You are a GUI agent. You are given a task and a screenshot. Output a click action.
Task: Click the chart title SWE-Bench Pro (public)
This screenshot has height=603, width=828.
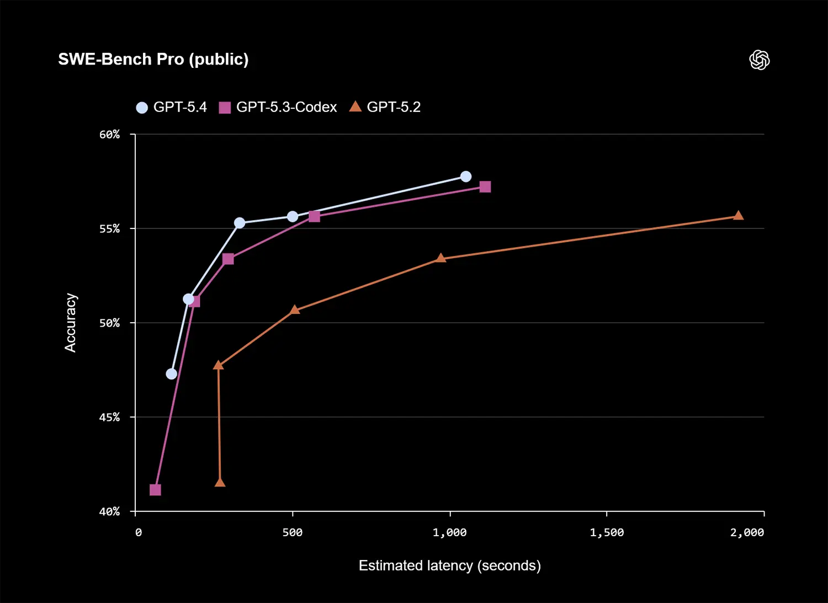click(x=153, y=59)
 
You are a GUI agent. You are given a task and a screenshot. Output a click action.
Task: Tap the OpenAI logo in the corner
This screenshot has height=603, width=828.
click(x=760, y=60)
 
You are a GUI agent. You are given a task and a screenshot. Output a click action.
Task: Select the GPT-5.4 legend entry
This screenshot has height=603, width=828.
click(x=172, y=107)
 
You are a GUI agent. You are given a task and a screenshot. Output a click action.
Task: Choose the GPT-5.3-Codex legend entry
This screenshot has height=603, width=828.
click(x=278, y=107)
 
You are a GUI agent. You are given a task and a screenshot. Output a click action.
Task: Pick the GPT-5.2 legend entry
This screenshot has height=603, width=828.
click(x=385, y=107)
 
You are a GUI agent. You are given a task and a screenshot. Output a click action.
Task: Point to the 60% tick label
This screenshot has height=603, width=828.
click(x=109, y=135)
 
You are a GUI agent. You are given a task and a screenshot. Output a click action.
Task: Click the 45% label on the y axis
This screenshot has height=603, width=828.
click(x=109, y=417)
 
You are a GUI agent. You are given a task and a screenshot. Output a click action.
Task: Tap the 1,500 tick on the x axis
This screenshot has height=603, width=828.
click(x=607, y=532)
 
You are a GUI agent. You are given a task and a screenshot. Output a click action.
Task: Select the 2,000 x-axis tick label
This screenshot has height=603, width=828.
click(x=747, y=532)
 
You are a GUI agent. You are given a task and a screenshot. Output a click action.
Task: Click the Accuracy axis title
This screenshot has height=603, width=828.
click(x=70, y=323)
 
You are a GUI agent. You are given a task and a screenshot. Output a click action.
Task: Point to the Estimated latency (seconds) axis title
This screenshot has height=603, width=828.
click(x=449, y=565)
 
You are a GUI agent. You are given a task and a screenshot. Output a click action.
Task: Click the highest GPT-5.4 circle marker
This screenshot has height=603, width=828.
click(x=465, y=177)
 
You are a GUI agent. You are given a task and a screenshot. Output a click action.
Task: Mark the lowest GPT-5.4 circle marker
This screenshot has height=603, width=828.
click(x=171, y=374)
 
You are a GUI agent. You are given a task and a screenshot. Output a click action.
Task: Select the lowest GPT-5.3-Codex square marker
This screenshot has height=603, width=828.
click(x=155, y=490)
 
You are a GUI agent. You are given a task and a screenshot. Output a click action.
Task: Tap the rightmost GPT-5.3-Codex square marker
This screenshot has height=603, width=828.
click(x=485, y=187)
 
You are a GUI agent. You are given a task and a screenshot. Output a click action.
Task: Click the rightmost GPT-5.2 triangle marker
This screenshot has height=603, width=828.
click(x=738, y=215)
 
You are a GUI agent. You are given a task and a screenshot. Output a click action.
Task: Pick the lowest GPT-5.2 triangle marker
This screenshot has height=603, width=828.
click(x=220, y=483)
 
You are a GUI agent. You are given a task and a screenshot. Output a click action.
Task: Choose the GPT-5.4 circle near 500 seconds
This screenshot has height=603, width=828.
click(x=292, y=216)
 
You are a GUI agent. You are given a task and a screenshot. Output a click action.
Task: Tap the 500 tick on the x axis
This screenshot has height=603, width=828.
click(x=292, y=532)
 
